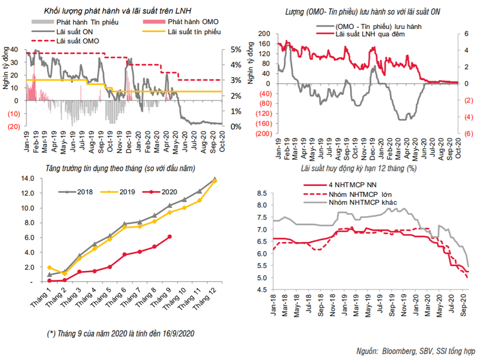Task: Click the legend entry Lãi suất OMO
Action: pos(77,40)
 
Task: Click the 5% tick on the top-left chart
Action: pos(235,49)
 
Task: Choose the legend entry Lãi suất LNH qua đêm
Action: pos(369,35)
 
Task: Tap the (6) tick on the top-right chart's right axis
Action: pos(467,134)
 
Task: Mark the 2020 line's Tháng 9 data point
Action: pos(169,237)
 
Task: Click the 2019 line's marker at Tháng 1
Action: pos(49,267)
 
